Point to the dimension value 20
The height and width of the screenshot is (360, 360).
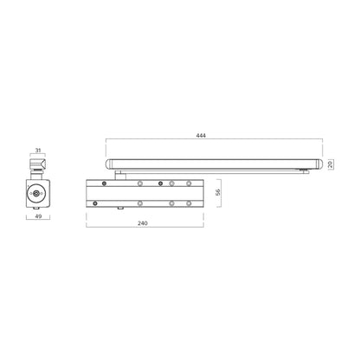pos(331,163)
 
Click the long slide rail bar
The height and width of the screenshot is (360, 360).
pos(212,163)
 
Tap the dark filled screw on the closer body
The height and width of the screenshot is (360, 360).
pos(105,183)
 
